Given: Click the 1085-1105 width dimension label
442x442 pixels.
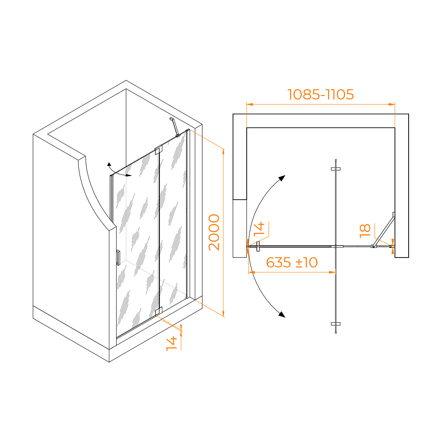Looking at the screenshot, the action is pos(321,94).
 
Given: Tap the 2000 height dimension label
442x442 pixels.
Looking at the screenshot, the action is pos(214,232).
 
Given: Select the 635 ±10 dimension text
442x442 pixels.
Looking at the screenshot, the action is pos(292,263).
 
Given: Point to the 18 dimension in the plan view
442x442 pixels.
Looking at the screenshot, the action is pos(365,231).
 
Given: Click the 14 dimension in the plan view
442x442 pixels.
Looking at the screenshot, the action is pos(259,229).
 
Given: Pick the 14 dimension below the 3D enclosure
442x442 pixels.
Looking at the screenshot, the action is pos(172,343).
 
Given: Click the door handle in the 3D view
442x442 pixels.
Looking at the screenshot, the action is pos(118,258).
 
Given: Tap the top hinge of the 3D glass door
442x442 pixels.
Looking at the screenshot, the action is pos(158,149).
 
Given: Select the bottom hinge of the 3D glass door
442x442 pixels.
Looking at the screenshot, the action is pos(159,311).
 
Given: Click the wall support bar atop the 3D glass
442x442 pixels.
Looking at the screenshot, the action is pos(175,127).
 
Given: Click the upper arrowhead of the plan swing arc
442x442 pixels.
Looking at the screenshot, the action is pos(282,178).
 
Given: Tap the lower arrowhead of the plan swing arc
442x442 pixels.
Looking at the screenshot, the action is pos(282,314).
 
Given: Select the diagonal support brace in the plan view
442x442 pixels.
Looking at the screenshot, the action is pos(383,230).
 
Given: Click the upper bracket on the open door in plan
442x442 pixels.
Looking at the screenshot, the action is pos(336,169).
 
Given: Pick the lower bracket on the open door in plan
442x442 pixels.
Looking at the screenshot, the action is pos(336,324).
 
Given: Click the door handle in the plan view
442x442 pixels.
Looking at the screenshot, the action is pos(258,246).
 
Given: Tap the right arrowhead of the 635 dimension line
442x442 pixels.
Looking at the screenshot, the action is pos(332,272).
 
